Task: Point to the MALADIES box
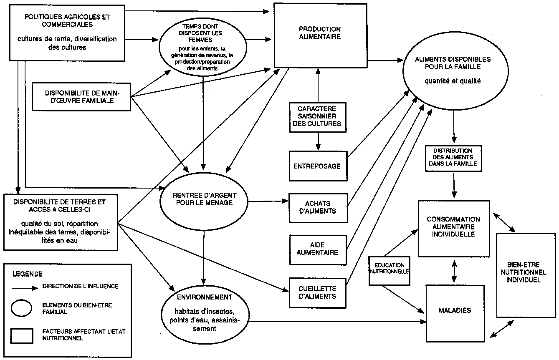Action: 455,311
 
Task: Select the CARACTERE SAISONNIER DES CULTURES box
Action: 319,116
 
